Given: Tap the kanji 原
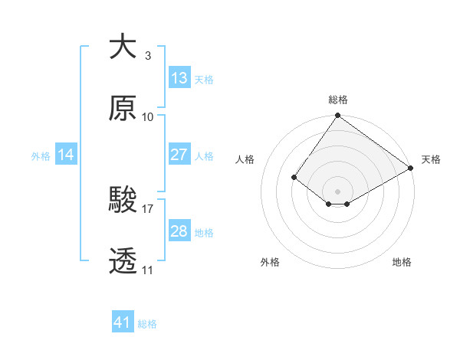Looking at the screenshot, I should click(x=123, y=109).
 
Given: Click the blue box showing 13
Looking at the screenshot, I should click(x=179, y=78).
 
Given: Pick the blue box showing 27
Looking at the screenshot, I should click(x=179, y=155).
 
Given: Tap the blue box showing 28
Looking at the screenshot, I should click(x=179, y=231).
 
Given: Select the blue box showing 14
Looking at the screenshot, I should click(x=66, y=155).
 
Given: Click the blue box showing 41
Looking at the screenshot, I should click(x=123, y=322).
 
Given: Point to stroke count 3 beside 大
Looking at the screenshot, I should click(x=147, y=55).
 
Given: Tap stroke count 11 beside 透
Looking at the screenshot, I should click(x=147, y=270).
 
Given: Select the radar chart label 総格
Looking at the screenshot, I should click(x=338, y=100).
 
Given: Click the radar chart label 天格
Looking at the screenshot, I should click(x=431, y=159).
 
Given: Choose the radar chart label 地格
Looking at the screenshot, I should click(x=402, y=262).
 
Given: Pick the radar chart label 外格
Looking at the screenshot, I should click(x=270, y=262).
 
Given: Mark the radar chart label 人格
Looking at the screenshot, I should click(x=246, y=159).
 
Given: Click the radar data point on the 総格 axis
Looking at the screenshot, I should click(x=338, y=116).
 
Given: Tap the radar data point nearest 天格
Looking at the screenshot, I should click(x=411, y=169).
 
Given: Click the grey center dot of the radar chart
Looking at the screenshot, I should click(x=338, y=191).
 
